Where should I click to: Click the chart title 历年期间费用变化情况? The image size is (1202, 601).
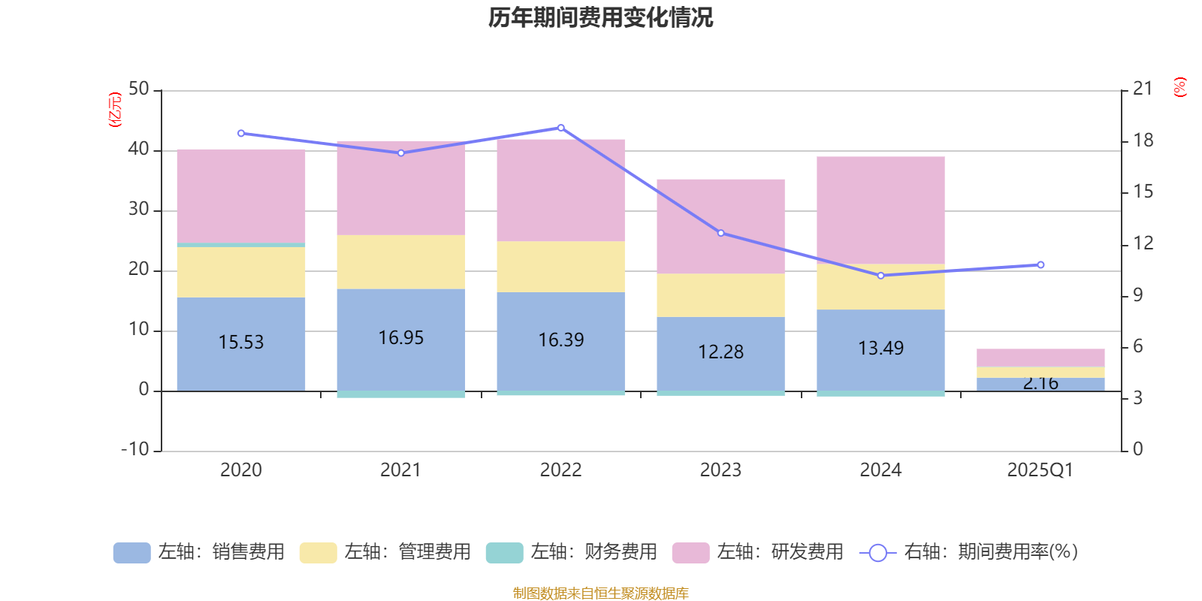coord(601,17)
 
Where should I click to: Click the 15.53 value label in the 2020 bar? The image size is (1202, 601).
coord(241,343)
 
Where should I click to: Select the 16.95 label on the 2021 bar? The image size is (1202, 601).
coord(401,338)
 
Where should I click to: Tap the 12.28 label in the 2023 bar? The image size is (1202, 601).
coord(721,352)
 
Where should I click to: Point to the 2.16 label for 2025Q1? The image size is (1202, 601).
coord(1040,384)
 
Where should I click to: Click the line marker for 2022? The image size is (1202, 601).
coord(561,128)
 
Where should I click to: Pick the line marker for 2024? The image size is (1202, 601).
coord(880,276)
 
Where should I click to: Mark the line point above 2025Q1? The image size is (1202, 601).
coord(1040,264)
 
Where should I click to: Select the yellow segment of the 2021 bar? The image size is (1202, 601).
coord(401,262)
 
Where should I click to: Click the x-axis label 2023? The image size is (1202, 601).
coord(721,470)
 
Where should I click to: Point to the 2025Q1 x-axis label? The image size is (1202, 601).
coord(1040,470)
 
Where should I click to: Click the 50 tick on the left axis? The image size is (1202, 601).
coord(139,89)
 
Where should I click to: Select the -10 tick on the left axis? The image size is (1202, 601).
coord(135,449)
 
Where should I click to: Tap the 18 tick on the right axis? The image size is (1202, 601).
coord(1143,140)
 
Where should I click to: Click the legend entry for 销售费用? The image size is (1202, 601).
coord(199,552)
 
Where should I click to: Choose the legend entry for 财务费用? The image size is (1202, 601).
coord(572,552)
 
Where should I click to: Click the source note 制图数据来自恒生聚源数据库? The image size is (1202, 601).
coord(601,593)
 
